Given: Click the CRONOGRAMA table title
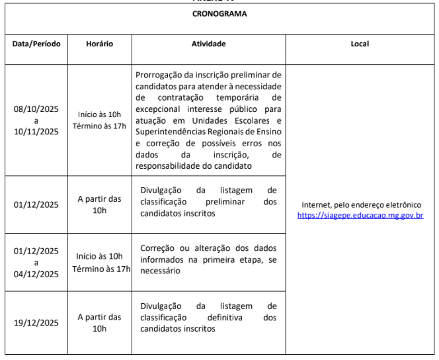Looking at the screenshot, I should point(219,14).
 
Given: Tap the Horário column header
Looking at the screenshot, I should point(100,44).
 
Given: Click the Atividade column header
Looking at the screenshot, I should point(208,44).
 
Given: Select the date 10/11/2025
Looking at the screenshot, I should point(36,131).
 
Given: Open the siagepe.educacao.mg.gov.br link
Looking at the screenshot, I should point(360,215).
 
